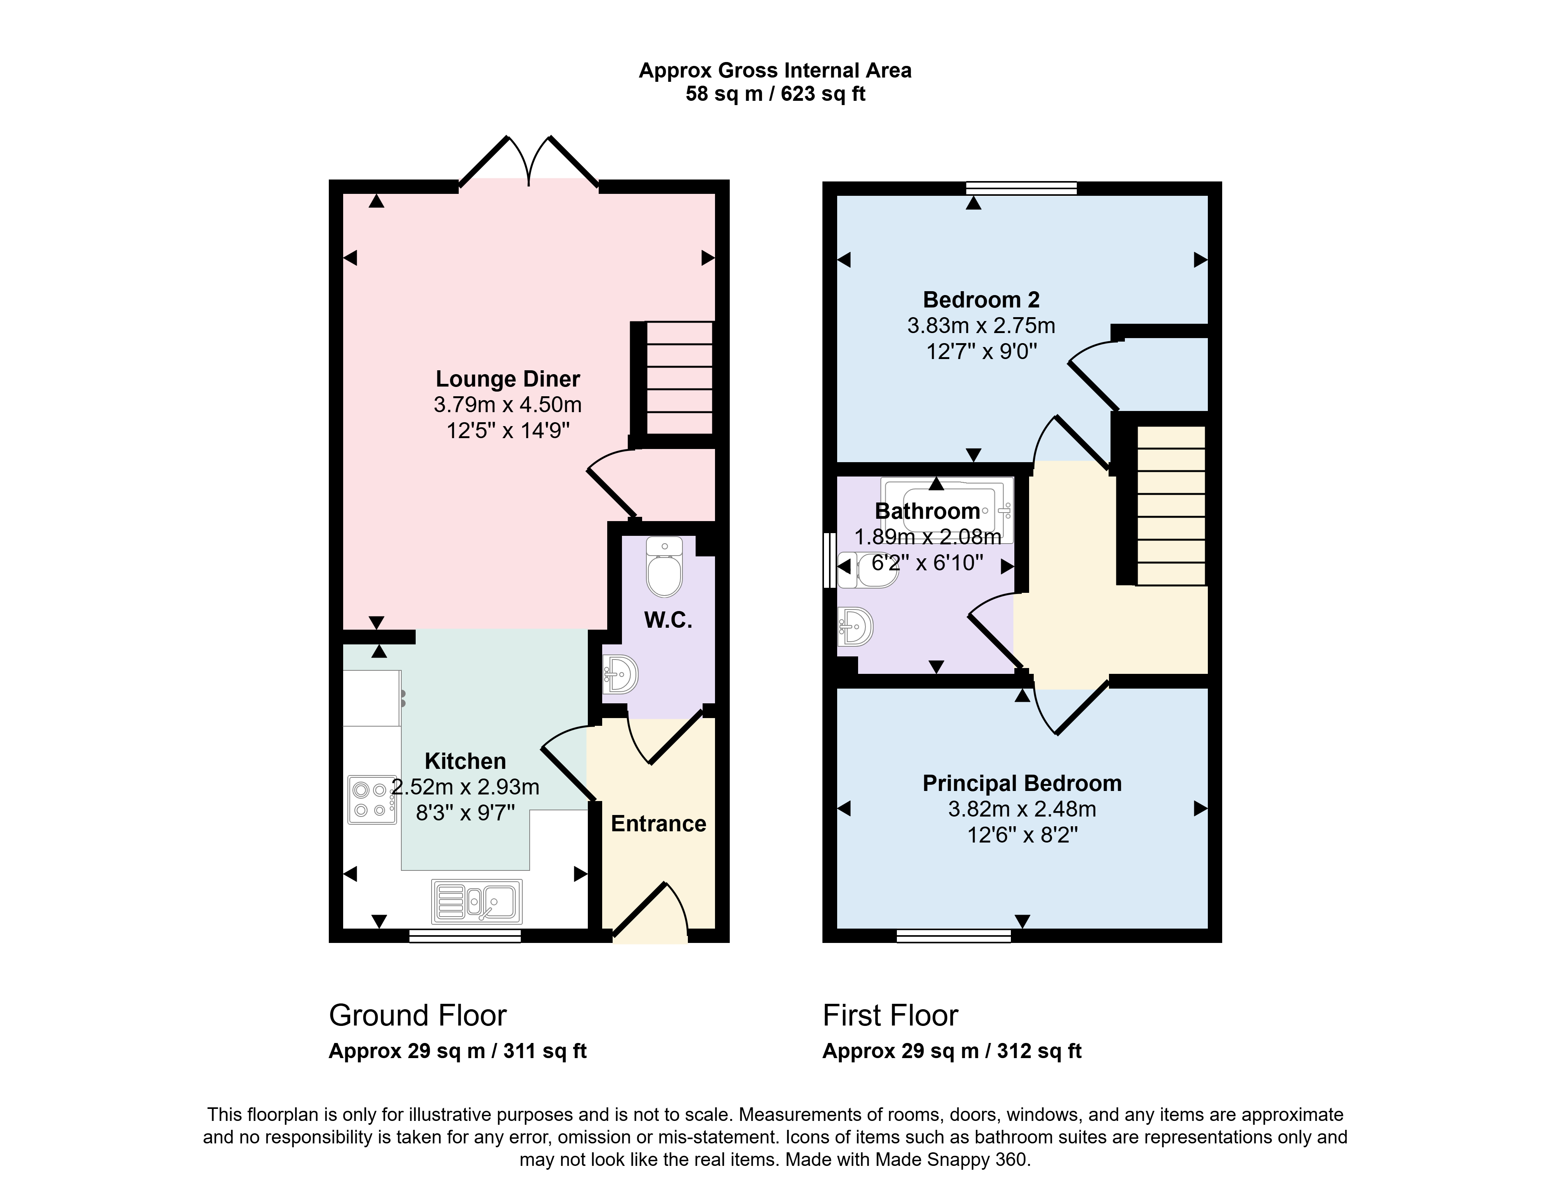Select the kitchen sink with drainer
click(477, 901)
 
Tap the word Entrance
click(658, 824)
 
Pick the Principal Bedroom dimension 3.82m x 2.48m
click(1022, 809)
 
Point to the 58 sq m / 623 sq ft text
click(775, 94)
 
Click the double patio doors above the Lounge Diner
click(529, 162)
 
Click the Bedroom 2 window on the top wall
click(1022, 188)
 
